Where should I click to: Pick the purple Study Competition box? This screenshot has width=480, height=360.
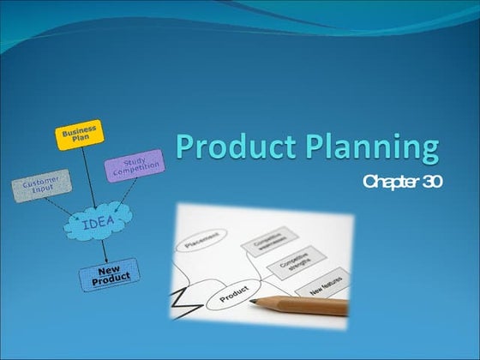(135, 165)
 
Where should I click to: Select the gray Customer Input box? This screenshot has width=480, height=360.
(40, 186)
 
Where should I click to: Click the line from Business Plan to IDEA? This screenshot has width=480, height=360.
(87, 177)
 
